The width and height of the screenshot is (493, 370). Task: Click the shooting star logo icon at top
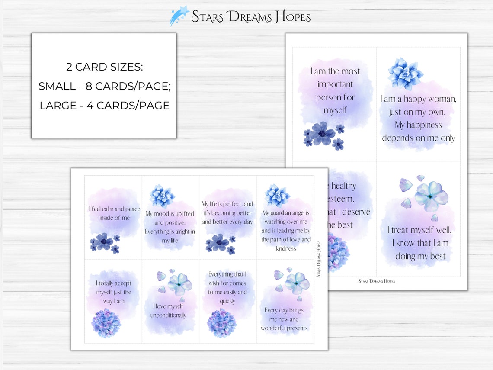179,16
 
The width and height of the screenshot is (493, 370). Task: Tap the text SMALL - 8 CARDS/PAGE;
104,86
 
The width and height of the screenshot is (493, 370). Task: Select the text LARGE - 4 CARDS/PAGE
104,105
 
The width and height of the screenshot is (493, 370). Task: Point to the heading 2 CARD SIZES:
104,67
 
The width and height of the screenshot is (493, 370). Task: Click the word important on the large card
335,84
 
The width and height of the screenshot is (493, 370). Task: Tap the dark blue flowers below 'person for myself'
323,135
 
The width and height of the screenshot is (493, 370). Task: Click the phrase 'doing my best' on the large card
420,256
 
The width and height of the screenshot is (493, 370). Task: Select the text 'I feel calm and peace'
115,209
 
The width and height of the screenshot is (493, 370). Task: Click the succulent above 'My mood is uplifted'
162,196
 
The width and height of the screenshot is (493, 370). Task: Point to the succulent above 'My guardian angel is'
277,195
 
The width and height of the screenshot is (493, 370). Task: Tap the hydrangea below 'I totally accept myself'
106,323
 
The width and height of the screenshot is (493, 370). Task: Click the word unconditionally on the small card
168,315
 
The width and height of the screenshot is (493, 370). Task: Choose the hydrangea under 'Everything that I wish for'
222,323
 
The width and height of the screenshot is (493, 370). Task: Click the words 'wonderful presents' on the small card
284,328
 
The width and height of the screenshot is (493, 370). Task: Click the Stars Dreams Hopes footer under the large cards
376,281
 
